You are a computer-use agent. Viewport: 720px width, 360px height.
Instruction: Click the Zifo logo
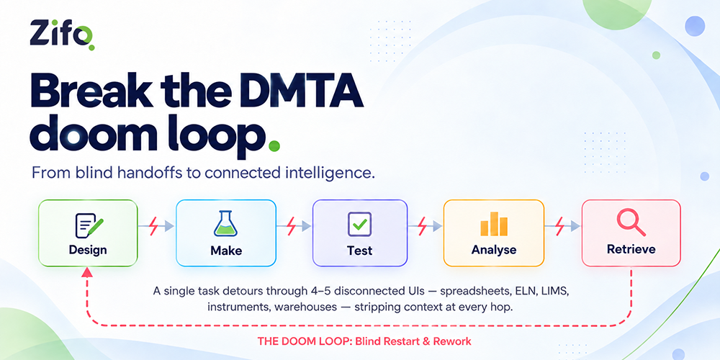pos(63,35)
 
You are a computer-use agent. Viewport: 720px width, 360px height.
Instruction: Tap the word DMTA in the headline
pos(299,92)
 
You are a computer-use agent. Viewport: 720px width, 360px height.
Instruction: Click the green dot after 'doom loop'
pos(274,146)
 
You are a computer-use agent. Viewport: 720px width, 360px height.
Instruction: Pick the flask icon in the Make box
pos(225,224)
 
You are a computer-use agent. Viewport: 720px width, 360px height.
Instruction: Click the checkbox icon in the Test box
pos(359,224)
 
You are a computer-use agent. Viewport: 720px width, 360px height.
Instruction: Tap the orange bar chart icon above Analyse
pos(494,224)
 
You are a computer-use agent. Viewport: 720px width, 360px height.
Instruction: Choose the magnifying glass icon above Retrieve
pos(631,223)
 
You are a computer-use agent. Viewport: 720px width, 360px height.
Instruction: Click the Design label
pos(88,251)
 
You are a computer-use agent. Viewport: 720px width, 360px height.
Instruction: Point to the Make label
pos(226,251)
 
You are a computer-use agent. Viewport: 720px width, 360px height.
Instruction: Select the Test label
pos(359,251)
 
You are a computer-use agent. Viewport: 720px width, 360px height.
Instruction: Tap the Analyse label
pos(494,251)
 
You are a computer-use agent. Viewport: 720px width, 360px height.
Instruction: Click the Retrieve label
pos(631,249)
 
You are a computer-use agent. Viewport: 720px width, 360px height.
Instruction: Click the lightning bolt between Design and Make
pos(154,225)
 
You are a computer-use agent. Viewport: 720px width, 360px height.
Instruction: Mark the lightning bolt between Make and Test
pos(291,225)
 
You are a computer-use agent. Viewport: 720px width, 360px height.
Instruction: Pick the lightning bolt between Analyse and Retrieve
pos(559,225)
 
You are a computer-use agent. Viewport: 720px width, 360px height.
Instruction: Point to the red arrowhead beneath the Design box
pos(87,272)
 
